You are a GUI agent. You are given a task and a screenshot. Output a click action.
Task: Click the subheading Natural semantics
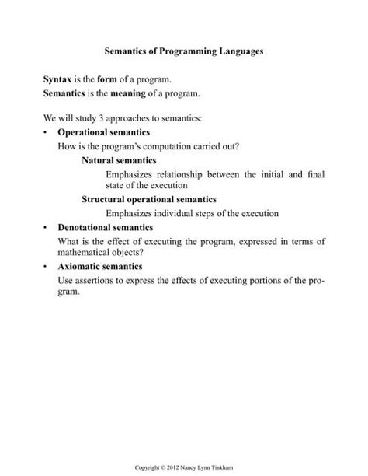coord(119,160)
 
